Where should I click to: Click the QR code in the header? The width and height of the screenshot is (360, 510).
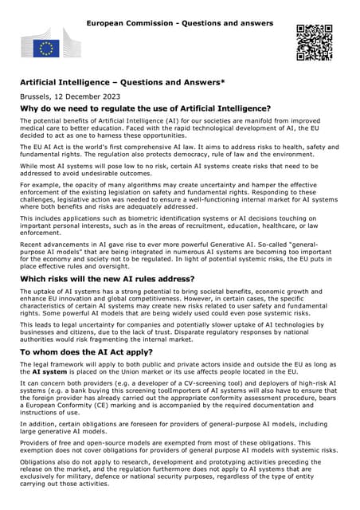pyautogui.click(x=314, y=42)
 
